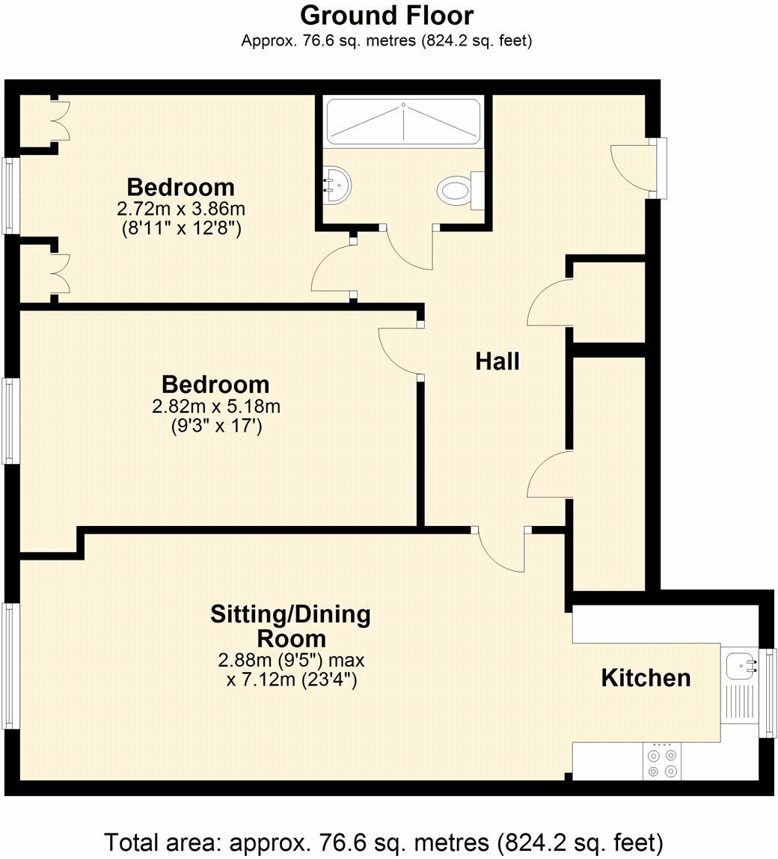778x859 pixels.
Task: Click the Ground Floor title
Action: (387, 15)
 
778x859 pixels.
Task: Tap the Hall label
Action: (497, 361)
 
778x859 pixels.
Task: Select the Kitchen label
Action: (646, 678)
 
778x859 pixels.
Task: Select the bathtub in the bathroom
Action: (403, 122)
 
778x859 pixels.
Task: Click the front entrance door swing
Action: (631, 166)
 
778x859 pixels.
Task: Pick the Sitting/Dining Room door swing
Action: (502, 552)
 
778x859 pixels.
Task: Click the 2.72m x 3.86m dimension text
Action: (180, 209)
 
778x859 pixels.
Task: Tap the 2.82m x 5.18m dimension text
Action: (215, 406)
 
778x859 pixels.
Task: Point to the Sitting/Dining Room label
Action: (290, 626)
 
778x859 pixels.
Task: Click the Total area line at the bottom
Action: (384, 842)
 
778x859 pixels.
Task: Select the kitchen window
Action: (768, 692)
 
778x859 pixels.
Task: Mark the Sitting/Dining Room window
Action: (10, 666)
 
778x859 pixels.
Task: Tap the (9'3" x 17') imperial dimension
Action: (215, 427)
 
